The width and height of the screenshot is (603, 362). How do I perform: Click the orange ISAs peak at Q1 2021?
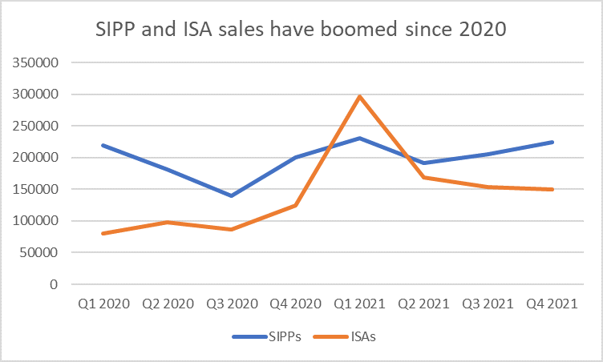[x=359, y=96]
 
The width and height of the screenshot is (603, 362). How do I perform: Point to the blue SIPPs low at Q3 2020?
[x=232, y=195]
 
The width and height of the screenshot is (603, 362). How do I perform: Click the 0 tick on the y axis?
[x=55, y=284]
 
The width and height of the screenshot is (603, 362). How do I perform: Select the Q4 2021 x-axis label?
[x=551, y=306]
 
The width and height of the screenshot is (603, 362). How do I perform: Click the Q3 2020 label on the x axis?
[x=232, y=306]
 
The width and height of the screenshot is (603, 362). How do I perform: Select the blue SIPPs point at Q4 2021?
[x=552, y=142]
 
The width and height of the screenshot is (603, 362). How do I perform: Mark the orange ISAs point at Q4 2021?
[x=552, y=189]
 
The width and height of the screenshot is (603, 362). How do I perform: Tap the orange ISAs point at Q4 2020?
[x=295, y=206]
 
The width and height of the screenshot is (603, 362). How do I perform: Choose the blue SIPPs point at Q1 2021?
[x=359, y=138]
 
